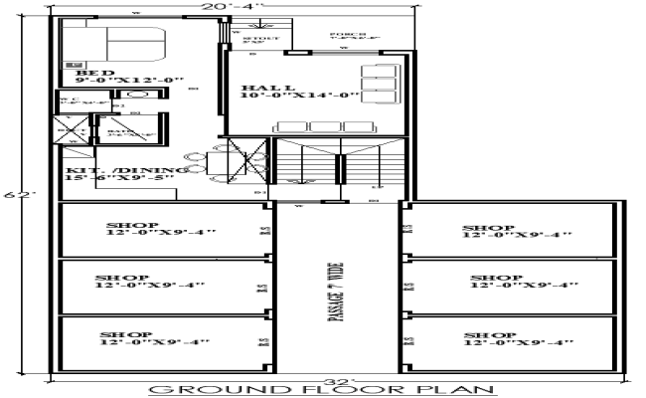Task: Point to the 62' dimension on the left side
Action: [12, 195]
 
